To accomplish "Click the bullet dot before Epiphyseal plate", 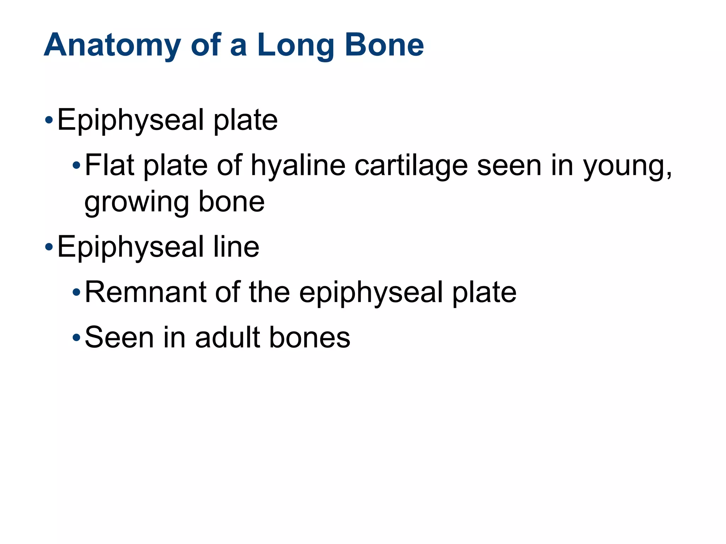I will click(49, 120).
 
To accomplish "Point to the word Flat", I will click(110, 165).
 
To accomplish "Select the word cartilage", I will click(411, 166).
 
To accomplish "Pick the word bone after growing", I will click(231, 202).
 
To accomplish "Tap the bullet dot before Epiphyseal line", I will click(49, 247).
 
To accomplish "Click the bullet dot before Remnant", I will click(77, 293).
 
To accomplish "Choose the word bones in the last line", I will click(309, 337).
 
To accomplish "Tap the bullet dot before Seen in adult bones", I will click(77, 338).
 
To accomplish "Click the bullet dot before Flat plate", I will click(77, 165).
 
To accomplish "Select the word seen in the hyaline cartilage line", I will click(509, 166).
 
